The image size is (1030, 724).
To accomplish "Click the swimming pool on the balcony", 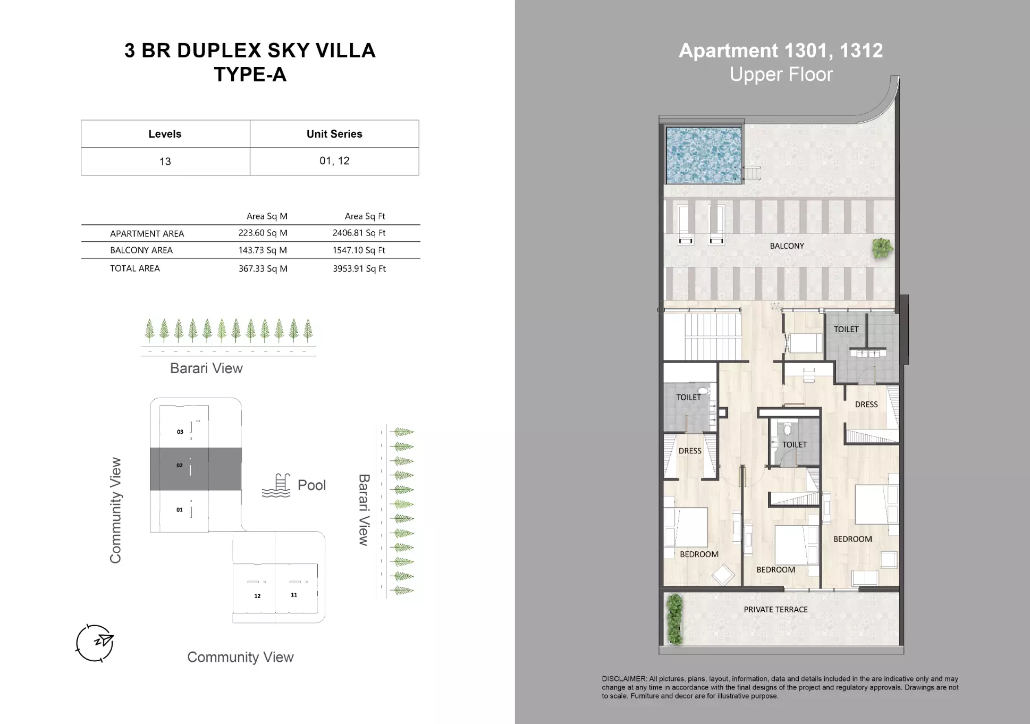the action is pyautogui.click(x=703, y=155).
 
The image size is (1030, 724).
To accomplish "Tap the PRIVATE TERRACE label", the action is pyautogui.click(x=775, y=610).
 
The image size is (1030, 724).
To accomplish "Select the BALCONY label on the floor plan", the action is pyautogui.click(x=787, y=246).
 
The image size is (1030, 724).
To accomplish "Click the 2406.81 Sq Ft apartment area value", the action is pyautogui.click(x=359, y=233).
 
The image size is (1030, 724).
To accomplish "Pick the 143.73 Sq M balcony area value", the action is pyautogui.click(x=263, y=250).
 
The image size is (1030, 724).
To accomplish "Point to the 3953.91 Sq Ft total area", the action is pyautogui.click(x=359, y=268).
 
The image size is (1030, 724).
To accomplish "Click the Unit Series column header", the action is pyautogui.click(x=334, y=134).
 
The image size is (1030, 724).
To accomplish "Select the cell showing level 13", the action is pyautogui.click(x=165, y=162).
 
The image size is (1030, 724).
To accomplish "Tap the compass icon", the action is pyautogui.click(x=95, y=643).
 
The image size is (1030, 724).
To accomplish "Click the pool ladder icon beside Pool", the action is pyautogui.click(x=276, y=486).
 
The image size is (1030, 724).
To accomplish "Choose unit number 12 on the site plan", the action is pyautogui.click(x=257, y=596).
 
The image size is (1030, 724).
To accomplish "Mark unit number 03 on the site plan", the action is pyautogui.click(x=180, y=432).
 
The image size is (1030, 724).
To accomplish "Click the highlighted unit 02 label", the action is pyautogui.click(x=180, y=466).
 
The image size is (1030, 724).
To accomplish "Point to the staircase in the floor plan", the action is pyautogui.click(x=702, y=337).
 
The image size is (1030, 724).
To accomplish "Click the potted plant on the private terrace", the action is pyautogui.click(x=674, y=619).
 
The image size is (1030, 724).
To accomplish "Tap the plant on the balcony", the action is pyautogui.click(x=882, y=248).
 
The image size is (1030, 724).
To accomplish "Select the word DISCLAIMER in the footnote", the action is pyautogui.click(x=624, y=679).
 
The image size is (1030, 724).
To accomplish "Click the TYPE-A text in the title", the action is pyautogui.click(x=250, y=74).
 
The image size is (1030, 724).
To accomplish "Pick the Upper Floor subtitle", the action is pyautogui.click(x=781, y=74).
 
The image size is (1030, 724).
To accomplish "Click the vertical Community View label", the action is pyautogui.click(x=115, y=510).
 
